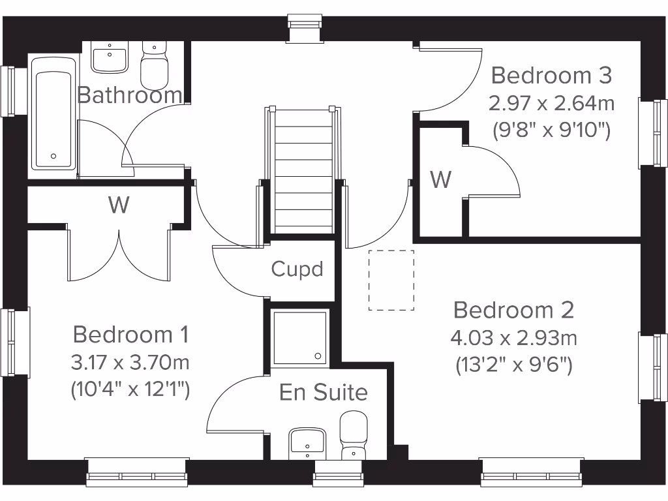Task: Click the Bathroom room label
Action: [x=129, y=95]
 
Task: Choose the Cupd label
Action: [x=297, y=269]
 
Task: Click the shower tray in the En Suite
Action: [x=300, y=338]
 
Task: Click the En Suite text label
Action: [x=324, y=393]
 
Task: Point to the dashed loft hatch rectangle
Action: [x=391, y=280]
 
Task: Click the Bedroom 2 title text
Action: [x=513, y=310]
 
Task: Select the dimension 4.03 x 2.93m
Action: [x=513, y=339]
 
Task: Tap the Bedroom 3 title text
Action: [x=551, y=76]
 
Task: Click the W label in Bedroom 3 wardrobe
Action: [x=441, y=179]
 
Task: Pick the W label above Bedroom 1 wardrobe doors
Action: [x=119, y=205]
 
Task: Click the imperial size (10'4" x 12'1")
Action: [x=130, y=390]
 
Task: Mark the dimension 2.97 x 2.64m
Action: [x=551, y=104]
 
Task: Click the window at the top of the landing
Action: [x=306, y=29]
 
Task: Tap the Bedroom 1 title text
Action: [x=130, y=335]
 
